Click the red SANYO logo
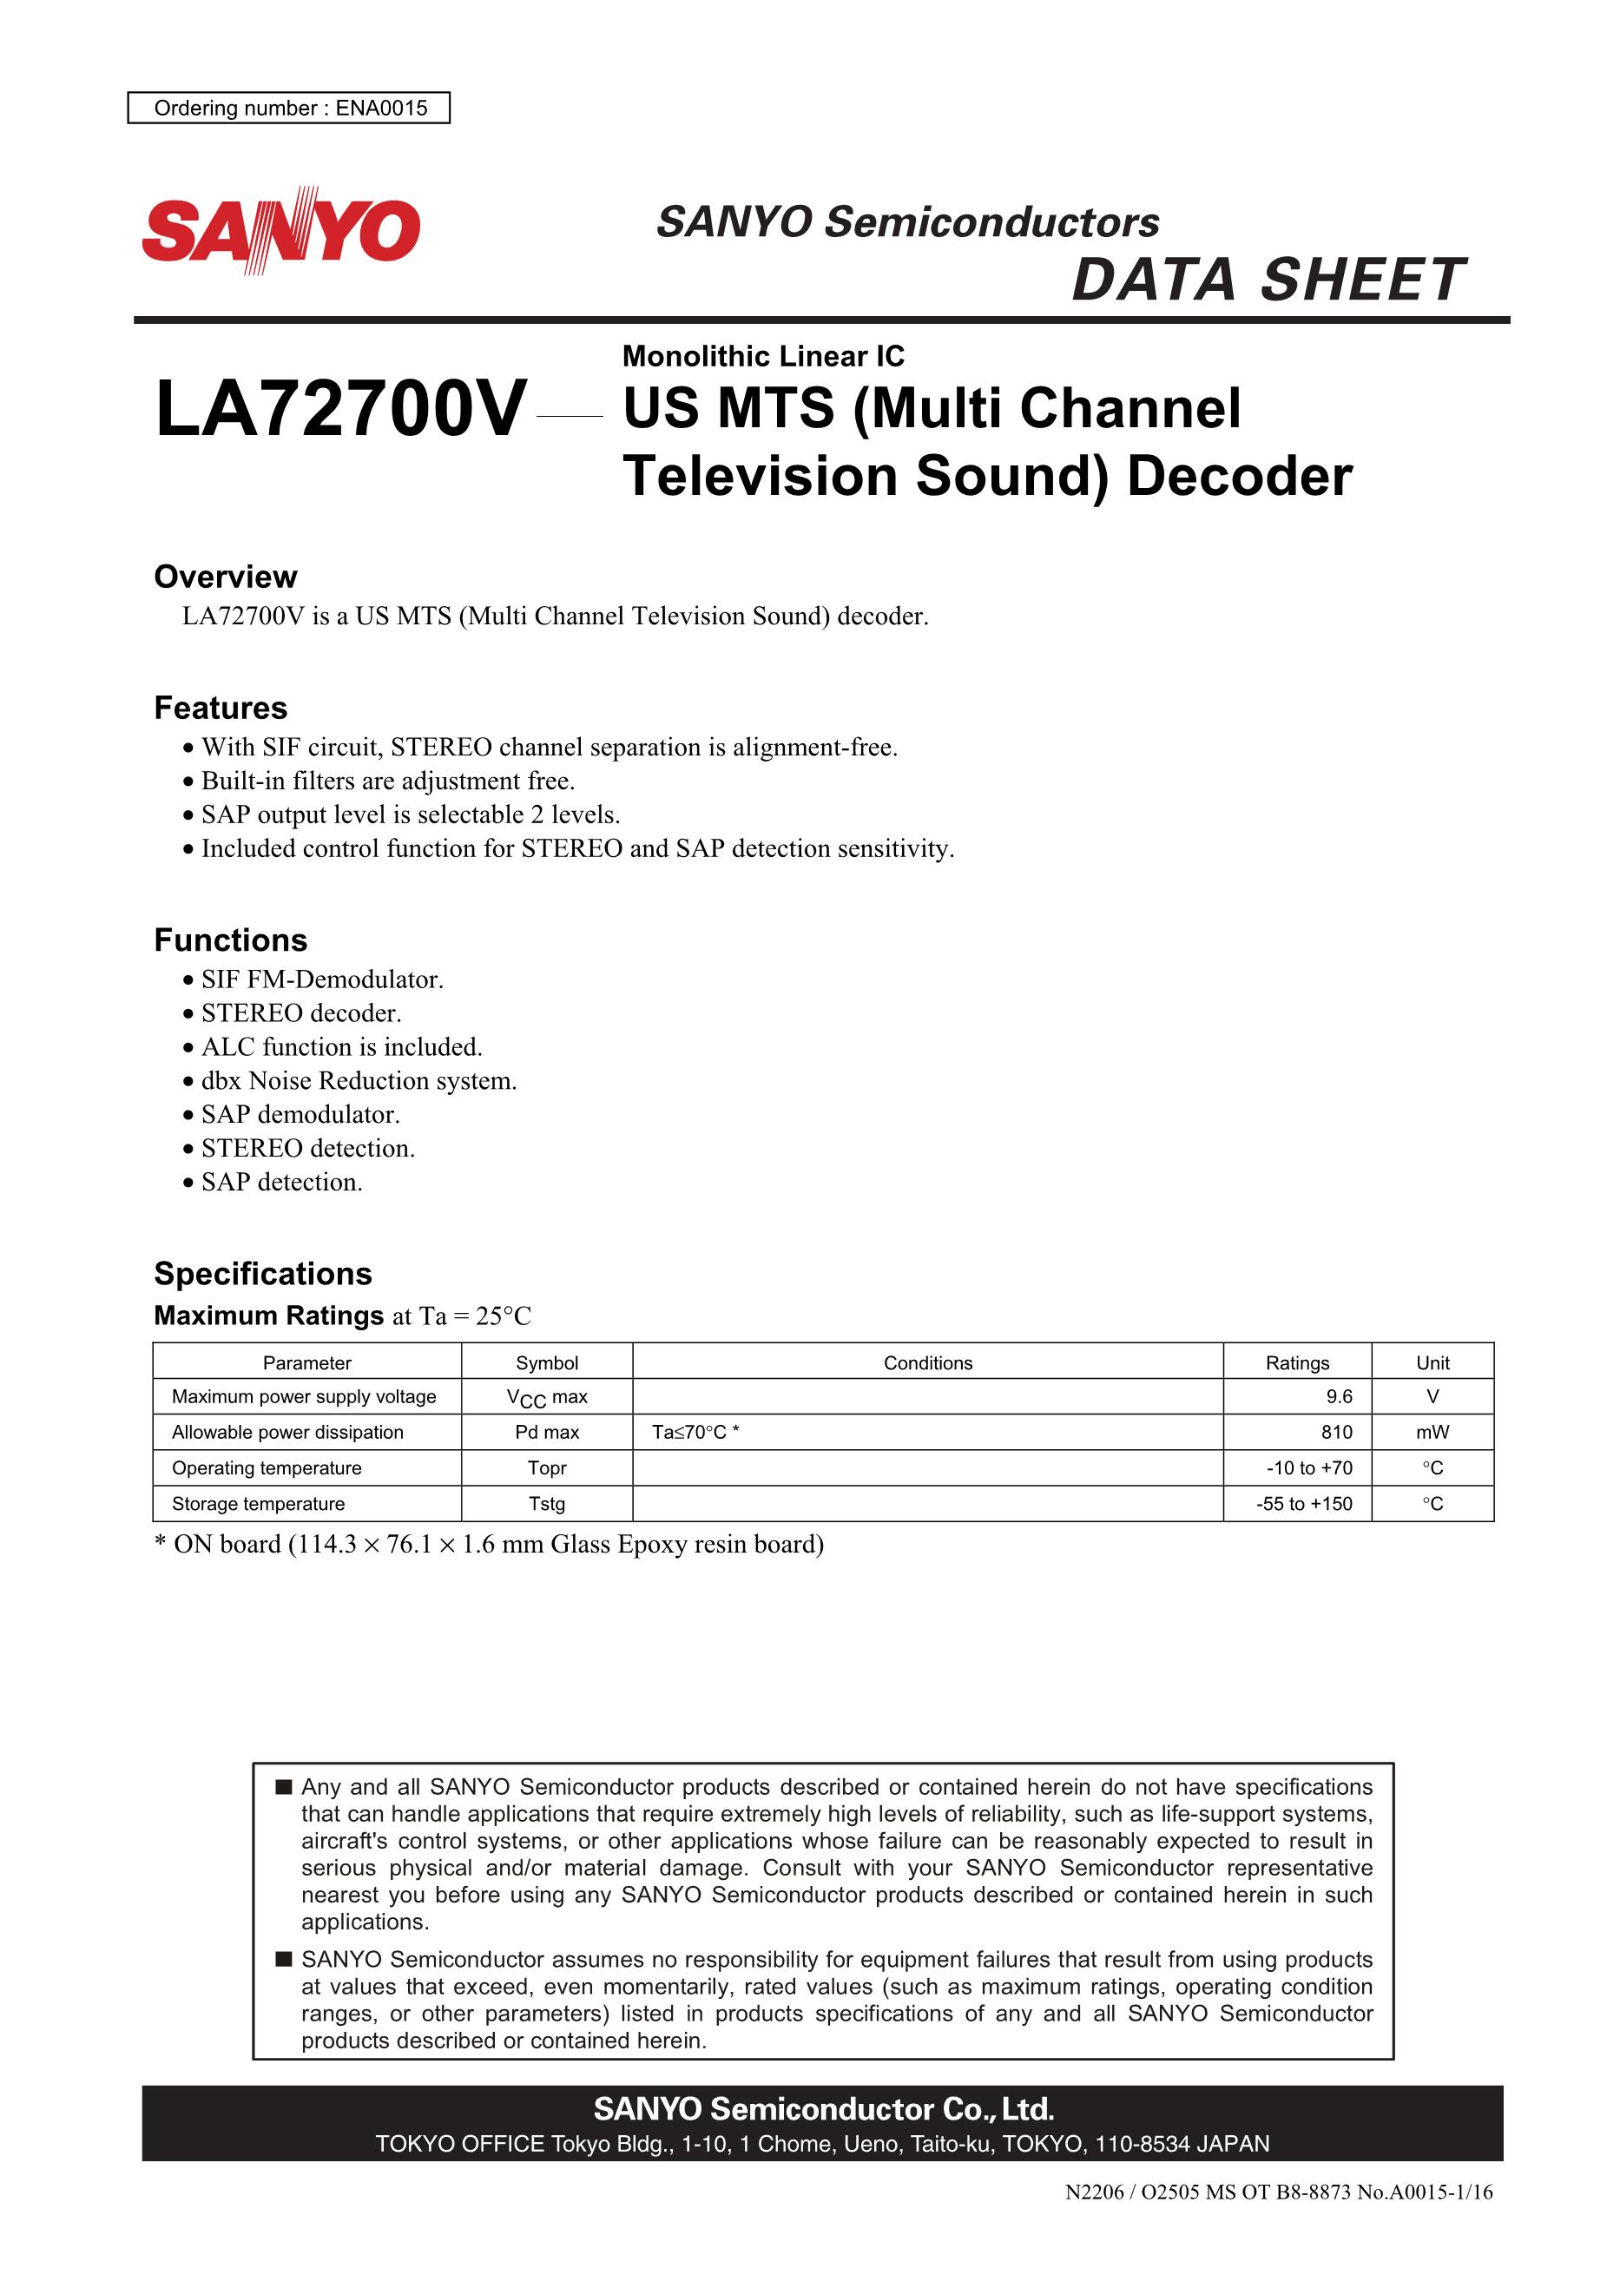(281, 230)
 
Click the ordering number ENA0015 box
(288, 108)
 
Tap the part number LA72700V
(341, 409)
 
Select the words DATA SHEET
(1268, 280)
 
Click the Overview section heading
(225, 577)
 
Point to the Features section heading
(220, 708)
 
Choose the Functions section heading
(230, 940)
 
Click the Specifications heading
(262, 1273)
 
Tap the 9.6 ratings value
(1339, 1396)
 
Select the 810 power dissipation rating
(1335, 1432)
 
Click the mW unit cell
(1432, 1432)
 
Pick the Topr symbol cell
(547, 1467)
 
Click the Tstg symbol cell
(547, 1503)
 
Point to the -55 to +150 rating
(1304, 1503)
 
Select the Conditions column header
(927, 1362)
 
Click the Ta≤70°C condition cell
(695, 1432)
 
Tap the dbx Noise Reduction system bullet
(359, 1080)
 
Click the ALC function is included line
(342, 1046)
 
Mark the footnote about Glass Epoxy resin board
(490, 1544)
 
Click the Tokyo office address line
(821, 2143)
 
